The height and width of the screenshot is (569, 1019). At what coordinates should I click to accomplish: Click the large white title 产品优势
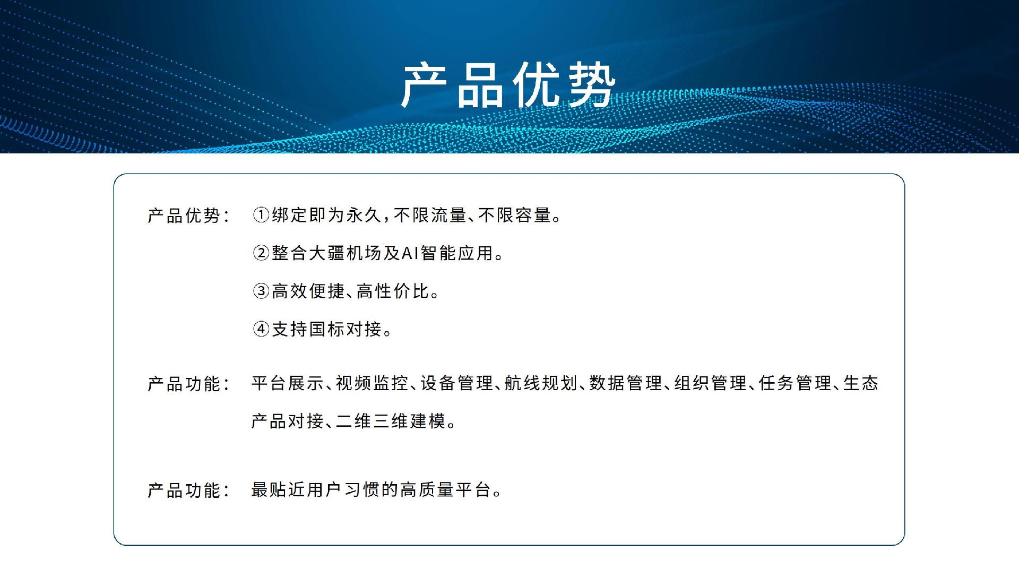coord(508,85)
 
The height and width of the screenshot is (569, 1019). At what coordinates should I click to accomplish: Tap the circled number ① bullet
coord(261,215)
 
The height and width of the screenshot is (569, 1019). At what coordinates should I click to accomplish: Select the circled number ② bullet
coord(261,253)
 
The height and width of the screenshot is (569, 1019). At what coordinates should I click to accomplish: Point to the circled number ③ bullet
coord(261,291)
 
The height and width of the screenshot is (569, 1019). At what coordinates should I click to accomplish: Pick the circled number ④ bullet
coord(261,329)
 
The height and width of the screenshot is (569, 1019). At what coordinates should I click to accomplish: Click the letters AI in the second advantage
coord(410,253)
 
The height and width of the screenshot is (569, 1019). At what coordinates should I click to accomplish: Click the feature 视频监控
coord(372,383)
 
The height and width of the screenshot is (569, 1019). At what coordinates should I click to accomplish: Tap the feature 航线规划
coord(541,383)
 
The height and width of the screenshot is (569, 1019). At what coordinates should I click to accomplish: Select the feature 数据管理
coord(626,383)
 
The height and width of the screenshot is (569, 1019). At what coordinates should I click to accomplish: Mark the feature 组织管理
coord(710,383)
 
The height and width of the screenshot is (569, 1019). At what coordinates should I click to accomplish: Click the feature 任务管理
coord(795,383)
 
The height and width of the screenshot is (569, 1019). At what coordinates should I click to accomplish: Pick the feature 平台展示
coord(287,383)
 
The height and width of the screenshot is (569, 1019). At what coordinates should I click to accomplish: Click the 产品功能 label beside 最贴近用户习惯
coord(184,490)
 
